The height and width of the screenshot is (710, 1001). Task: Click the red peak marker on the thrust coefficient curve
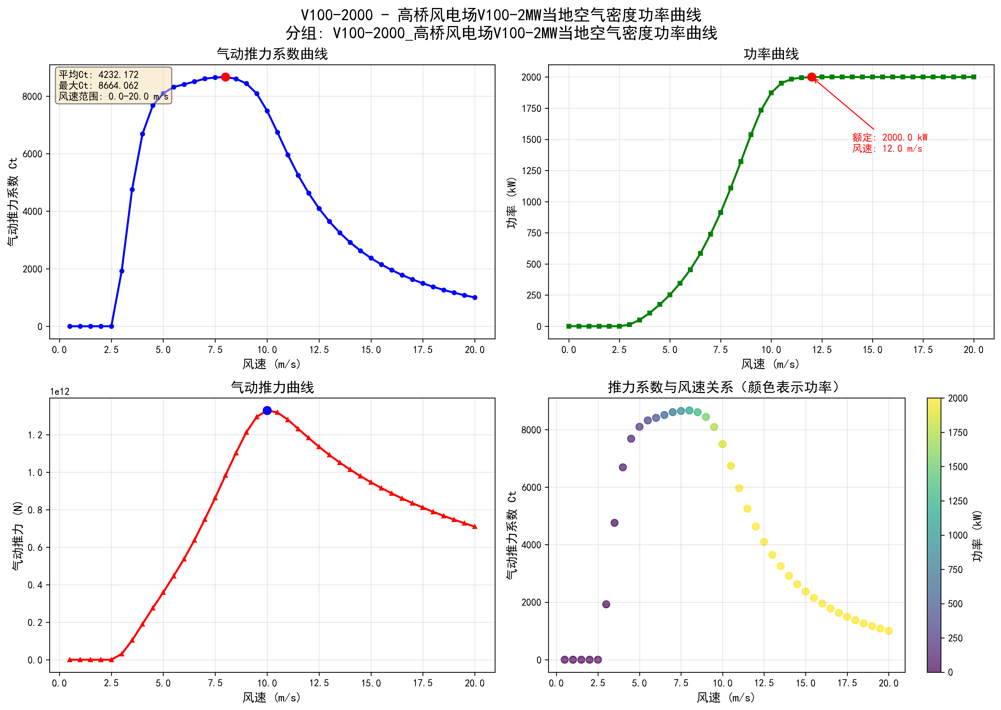[x=225, y=77]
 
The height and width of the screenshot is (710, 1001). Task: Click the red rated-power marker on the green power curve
[x=812, y=77]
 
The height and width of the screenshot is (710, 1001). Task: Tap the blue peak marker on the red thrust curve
[x=267, y=410]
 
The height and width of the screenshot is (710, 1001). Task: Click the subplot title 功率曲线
[x=771, y=54]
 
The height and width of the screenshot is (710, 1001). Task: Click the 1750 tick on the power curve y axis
[x=532, y=108]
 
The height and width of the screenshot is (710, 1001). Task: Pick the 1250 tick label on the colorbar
[x=958, y=501]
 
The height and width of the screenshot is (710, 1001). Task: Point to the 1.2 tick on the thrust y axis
[x=35, y=435]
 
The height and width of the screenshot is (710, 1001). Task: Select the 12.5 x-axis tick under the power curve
[x=822, y=350]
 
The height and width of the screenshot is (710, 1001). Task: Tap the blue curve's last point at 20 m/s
[x=475, y=297]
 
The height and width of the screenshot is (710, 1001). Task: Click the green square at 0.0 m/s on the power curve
[x=569, y=326]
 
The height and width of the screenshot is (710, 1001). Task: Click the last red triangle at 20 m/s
[x=475, y=526]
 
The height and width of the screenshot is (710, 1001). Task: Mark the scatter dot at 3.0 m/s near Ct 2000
[x=606, y=604]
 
